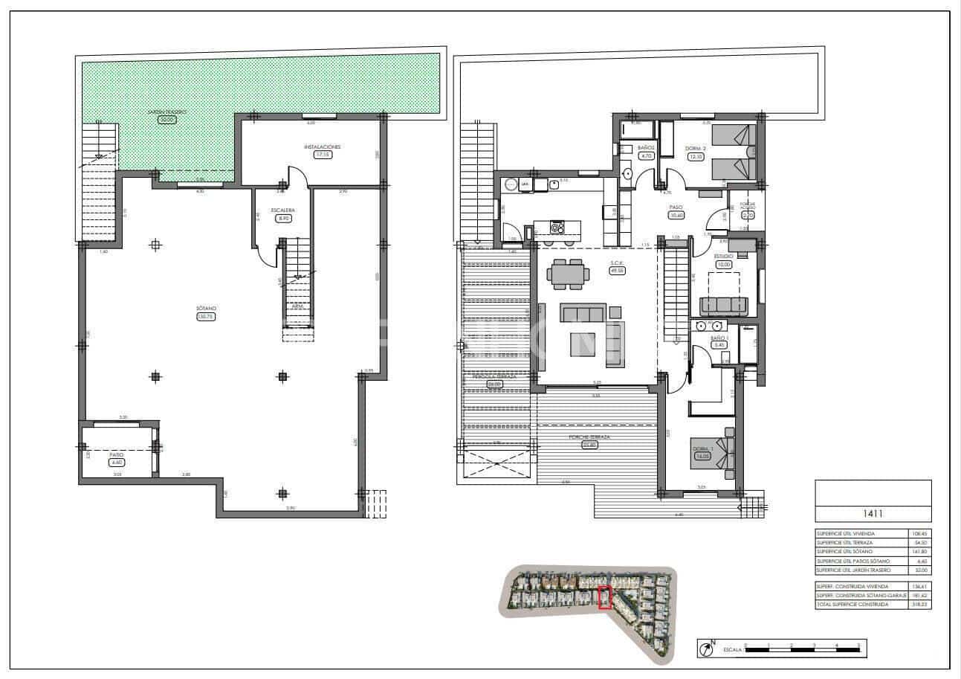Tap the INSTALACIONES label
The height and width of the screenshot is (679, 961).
pyautogui.click(x=322, y=147)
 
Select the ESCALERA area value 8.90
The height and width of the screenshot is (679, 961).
pyautogui.click(x=282, y=219)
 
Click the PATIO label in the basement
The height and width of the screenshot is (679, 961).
pyautogui.click(x=116, y=453)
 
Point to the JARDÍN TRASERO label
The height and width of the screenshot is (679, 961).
pyautogui.click(x=166, y=112)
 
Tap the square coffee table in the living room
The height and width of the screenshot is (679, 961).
pyautogui.click(x=583, y=344)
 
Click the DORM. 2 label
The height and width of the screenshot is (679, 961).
pyautogui.click(x=695, y=148)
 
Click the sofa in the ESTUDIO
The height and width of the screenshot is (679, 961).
pyautogui.click(x=724, y=306)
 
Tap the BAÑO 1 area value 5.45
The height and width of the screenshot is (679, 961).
pyautogui.click(x=719, y=345)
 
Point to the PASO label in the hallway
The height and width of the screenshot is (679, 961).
pyautogui.click(x=676, y=207)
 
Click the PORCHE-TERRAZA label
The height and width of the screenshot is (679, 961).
pyautogui.click(x=589, y=437)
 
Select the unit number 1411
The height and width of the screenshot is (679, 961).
pyautogui.click(x=873, y=513)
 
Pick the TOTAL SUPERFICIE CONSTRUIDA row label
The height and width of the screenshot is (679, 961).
pyautogui.click(x=852, y=605)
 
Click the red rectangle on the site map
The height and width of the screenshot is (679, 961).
pyautogui.click(x=604, y=598)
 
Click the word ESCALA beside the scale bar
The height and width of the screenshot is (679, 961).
pyautogui.click(x=732, y=651)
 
